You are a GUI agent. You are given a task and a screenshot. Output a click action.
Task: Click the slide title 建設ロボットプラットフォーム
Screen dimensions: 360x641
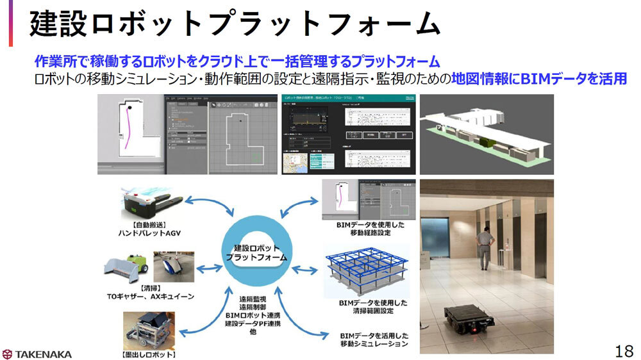235,25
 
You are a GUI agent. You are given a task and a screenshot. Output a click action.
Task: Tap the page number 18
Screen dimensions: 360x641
623,350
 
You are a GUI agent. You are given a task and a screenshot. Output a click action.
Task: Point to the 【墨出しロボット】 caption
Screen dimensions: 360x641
149,354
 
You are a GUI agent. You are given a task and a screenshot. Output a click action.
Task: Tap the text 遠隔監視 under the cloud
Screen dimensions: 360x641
254,299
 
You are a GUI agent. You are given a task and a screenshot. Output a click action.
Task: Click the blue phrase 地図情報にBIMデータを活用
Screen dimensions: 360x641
538,79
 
